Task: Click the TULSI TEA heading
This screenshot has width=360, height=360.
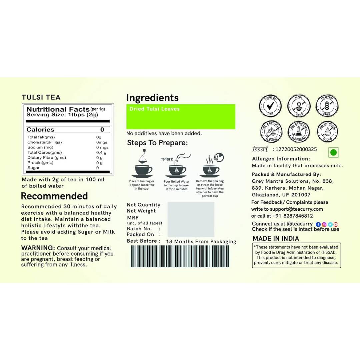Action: pos(41,97)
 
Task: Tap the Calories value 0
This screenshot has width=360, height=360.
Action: pos(102,129)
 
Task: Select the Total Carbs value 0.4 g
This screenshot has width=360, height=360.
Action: pos(101,152)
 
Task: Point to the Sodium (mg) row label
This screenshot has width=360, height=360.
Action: pos(40,147)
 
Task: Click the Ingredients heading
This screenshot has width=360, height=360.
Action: pos(152,98)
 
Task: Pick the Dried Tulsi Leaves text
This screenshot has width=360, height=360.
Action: pos(155,109)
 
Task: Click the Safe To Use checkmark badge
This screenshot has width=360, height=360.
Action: pos(270,106)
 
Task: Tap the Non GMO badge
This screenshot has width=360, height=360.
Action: pos(299,106)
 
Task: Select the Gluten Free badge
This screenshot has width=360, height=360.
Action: pos(327,106)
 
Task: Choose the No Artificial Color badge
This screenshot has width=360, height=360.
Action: pos(327,132)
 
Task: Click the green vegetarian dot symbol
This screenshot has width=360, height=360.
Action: pos(333,153)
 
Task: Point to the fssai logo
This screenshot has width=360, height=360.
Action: pos(260,149)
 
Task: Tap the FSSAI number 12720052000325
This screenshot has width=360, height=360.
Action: pos(296,149)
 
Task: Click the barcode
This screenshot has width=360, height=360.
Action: pos(180,256)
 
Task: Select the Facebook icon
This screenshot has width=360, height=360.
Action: pos(318,224)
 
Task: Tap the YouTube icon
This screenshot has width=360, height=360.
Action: pos(336,224)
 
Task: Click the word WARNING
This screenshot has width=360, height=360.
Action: pos(38,248)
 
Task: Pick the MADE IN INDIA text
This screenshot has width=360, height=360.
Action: pos(276,239)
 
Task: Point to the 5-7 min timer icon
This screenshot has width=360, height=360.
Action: pos(219,157)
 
